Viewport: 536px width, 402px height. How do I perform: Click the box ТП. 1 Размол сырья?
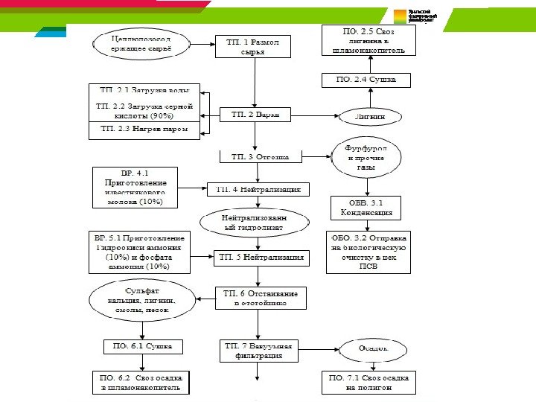(x=254, y=48)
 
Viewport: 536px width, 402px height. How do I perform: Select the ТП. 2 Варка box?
(x=254, y=115)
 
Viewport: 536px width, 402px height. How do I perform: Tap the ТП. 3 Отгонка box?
(x=260, y=157)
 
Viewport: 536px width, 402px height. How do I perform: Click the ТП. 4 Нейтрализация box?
(x=258, y=189)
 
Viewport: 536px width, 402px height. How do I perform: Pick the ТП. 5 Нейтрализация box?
(x=261, y=258)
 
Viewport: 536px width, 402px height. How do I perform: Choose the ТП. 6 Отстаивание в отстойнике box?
(x=257, y=299)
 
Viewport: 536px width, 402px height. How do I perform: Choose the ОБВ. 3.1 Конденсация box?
(x=366, y=206)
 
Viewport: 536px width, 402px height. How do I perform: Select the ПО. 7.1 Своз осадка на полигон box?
(x=368, y=383)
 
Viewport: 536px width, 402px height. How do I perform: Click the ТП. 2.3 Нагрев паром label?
(x=144, y=130)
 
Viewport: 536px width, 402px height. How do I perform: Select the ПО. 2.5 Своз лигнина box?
(x=364, y=42)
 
